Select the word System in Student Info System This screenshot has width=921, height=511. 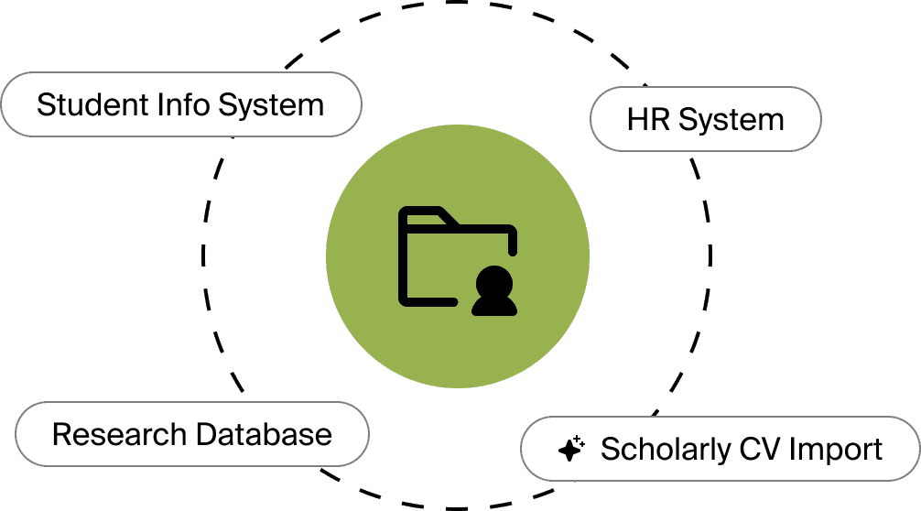pos(271,104)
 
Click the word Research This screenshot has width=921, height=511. pos(109,433)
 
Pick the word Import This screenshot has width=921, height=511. pos(836,450)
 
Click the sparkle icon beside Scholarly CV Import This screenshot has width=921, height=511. pos(571,450)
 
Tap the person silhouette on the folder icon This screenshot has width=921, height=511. pos(494,291)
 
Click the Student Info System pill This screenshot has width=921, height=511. pos(181,104)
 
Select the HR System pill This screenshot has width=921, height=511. pos(705,119)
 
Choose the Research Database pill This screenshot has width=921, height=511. pos(192,433)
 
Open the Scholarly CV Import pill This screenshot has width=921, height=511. pos(721,450)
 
